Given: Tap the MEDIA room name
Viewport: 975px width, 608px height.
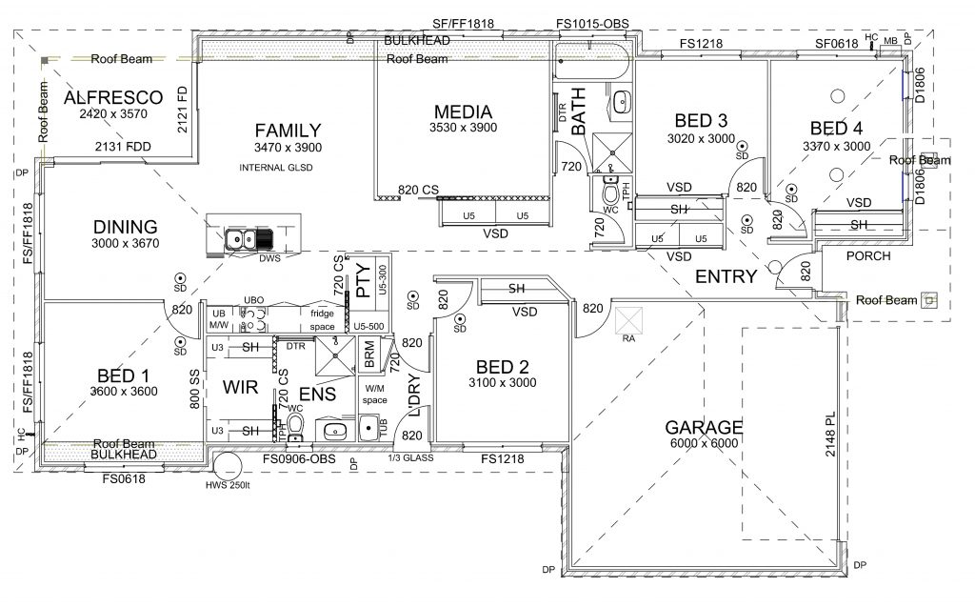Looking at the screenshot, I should (463, 111).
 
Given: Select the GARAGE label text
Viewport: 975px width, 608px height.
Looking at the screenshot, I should (704, 428).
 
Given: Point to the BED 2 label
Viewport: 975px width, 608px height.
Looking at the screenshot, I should (502, 367).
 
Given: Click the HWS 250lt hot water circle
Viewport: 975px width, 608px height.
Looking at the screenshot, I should (229, 466).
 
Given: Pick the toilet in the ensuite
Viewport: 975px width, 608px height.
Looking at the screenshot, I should (296, 422).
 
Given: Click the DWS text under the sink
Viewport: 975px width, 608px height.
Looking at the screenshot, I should (269, 257).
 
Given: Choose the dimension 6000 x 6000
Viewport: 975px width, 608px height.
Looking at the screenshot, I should (704, 444).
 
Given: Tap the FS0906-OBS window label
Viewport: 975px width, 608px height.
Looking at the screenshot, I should (300, 460).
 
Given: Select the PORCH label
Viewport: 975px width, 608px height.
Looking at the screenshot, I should (868, 255).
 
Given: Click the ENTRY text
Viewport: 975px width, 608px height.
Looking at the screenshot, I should (726, 277).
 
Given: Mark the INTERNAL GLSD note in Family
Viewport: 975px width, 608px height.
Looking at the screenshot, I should (276, 168).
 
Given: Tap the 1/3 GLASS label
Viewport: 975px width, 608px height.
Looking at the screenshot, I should (412, 459).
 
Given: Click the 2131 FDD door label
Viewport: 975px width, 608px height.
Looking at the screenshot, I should (126, 148).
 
